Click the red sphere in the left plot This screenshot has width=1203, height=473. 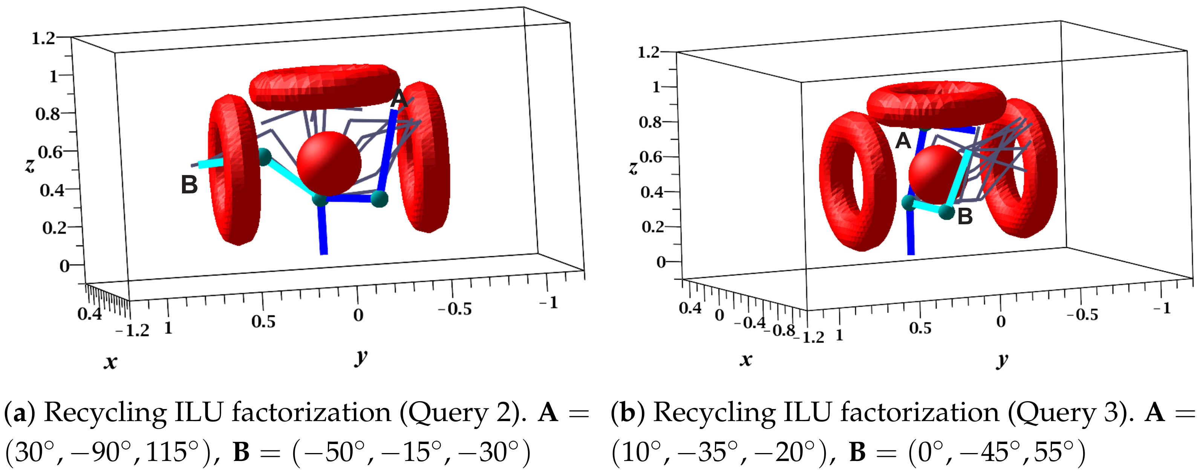coord(329,163)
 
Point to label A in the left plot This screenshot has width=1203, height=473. coord(399,99)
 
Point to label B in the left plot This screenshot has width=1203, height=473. coord(189,185)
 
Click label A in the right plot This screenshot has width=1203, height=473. coord(903,141)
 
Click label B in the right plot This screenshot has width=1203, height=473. coord(965,216)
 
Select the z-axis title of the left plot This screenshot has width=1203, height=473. coord(29,165)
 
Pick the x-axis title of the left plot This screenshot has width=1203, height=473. coord(110,362)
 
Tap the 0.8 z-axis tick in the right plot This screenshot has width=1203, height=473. coord(650,122)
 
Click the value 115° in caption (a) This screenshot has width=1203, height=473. coord(174,452)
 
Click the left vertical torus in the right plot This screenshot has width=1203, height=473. coord(848,182)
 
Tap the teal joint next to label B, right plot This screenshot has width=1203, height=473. coord(947,212)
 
